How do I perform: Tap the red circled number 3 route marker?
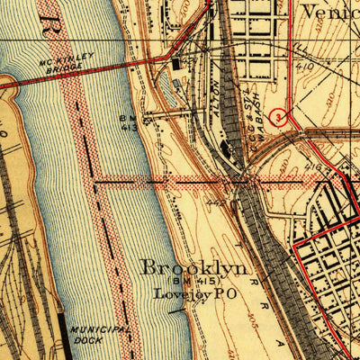(279, 115)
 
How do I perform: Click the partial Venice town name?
(328, 12)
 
